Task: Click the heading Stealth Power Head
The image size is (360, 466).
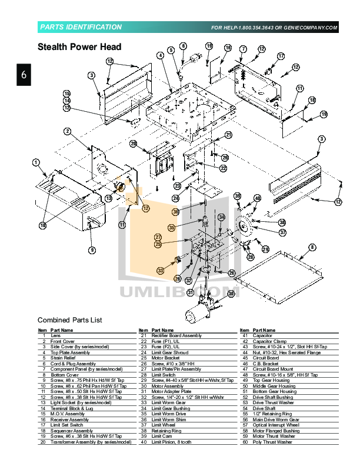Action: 79,47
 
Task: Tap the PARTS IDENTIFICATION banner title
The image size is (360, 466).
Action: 81,27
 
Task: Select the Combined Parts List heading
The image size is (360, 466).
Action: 70,319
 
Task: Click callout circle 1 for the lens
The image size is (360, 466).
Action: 36,162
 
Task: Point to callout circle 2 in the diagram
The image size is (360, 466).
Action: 68,131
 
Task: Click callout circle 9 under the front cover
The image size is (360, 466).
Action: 92,250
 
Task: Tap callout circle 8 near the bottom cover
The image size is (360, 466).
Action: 312,247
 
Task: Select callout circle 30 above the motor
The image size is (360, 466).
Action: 231,293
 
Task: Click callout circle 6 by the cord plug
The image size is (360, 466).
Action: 183,46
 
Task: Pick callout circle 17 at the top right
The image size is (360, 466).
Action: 281,56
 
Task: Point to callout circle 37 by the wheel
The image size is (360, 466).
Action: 282,232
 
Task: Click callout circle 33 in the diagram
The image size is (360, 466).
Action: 160,271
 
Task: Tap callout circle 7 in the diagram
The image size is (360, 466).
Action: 242,49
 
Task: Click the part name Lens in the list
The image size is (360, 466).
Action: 55,335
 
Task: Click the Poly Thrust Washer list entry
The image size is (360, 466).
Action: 272,441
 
